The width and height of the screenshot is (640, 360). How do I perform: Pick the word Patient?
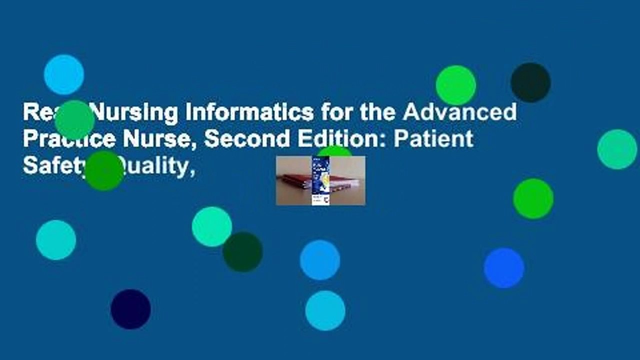(433, 139)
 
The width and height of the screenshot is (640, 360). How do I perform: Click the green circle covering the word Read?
(74, 120)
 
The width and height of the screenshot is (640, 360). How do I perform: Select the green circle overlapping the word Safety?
(104, 170)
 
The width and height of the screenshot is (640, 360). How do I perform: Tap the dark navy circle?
(130, 309)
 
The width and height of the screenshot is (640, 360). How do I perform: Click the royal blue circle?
(504, 268)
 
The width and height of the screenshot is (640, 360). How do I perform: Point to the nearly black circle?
(531, 82)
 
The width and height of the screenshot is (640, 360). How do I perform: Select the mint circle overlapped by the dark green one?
(211, 226)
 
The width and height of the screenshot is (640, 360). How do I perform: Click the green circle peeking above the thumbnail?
(334, 150)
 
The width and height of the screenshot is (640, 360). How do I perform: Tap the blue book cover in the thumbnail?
(320, 180)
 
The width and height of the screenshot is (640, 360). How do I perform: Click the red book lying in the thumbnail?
(295, 180)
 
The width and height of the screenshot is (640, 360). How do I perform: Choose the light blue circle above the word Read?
(63, 74)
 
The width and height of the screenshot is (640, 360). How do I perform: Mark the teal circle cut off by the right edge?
(618, 149)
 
